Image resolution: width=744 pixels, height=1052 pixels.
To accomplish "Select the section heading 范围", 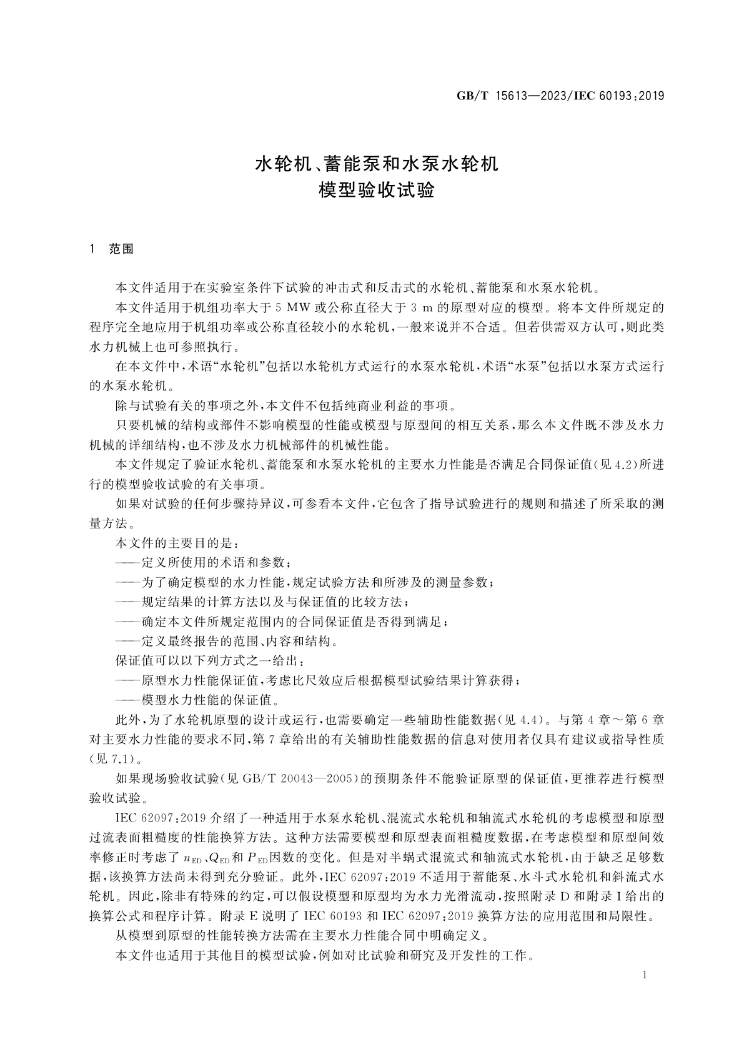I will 121,249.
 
